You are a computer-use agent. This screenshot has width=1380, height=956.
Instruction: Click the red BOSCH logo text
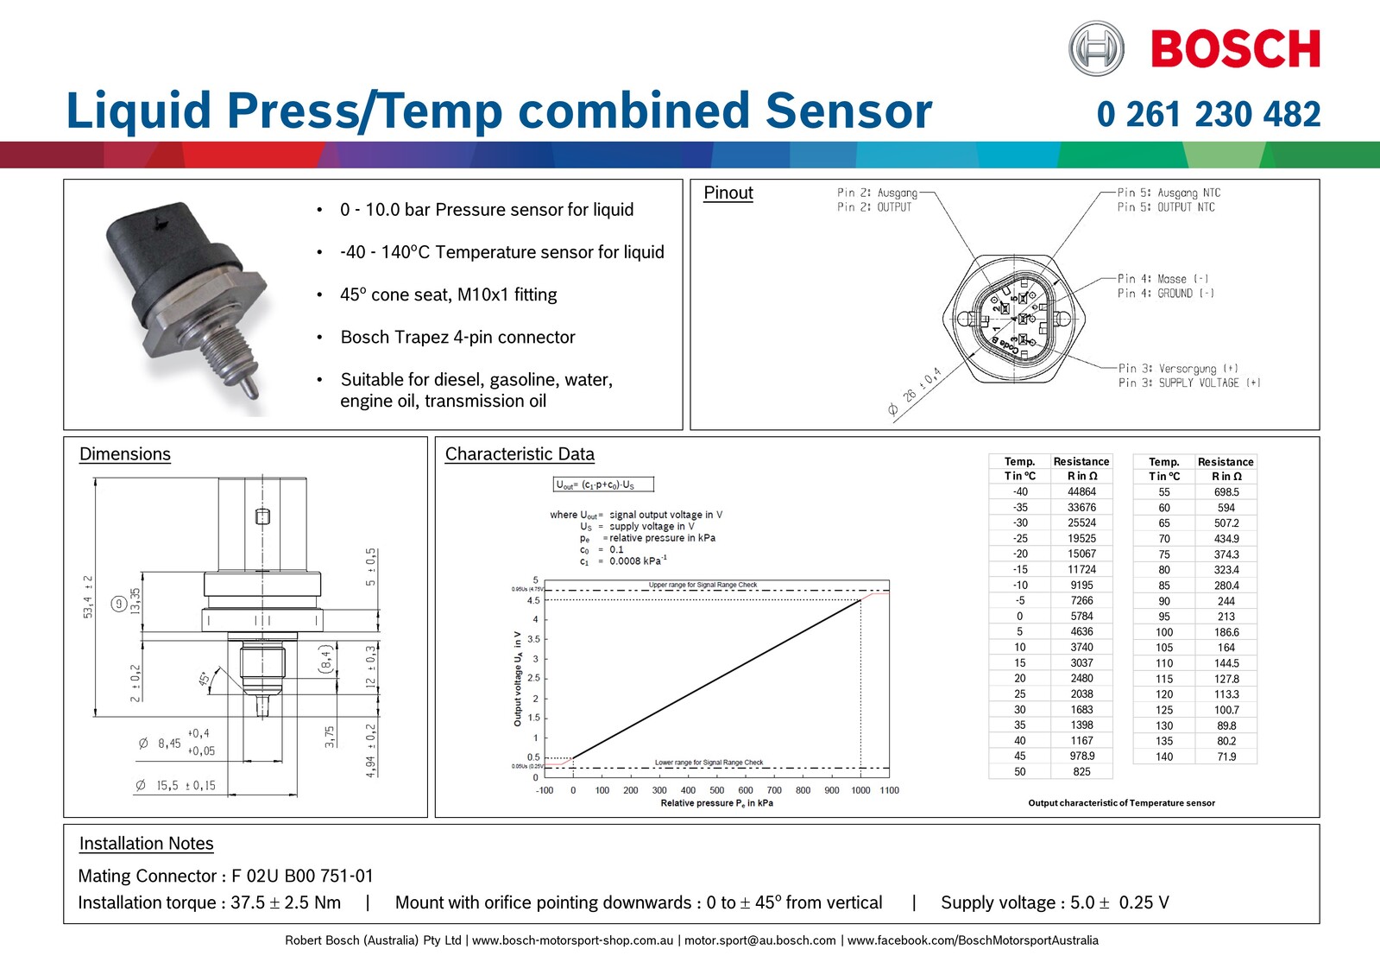pos(1235,49)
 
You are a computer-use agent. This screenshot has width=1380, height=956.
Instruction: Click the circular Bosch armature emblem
pos(1096,48)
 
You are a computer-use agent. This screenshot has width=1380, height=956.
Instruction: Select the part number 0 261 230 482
pos(1208,114)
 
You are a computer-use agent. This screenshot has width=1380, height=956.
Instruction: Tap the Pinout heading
pos(728,193)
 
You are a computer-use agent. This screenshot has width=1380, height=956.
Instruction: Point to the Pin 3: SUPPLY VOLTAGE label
pos(1188,383)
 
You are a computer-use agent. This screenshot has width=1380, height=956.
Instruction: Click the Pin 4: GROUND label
pos(1165,294)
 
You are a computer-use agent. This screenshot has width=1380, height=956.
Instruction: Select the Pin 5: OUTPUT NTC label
pos(1165,207)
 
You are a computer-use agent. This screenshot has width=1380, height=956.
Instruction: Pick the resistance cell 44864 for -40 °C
pos(1081,491)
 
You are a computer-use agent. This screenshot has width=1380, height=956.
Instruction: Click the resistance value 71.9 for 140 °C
pos(1226,757)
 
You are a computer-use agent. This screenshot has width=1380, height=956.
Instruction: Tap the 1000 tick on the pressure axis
pos(860,790)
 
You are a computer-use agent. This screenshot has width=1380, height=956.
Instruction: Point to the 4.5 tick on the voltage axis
pos(533,600)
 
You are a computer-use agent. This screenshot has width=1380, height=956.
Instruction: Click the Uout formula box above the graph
pos(603,484)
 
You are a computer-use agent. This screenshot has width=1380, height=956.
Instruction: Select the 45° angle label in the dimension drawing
pos(205,680)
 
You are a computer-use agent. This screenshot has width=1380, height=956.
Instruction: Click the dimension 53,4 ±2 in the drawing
pos(88,596)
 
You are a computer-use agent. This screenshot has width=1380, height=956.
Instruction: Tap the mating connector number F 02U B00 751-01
pos(302,876)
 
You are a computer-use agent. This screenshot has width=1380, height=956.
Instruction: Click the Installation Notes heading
pos(146,844)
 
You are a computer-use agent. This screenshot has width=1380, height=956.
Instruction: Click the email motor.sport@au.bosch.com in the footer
pos(759,940)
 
